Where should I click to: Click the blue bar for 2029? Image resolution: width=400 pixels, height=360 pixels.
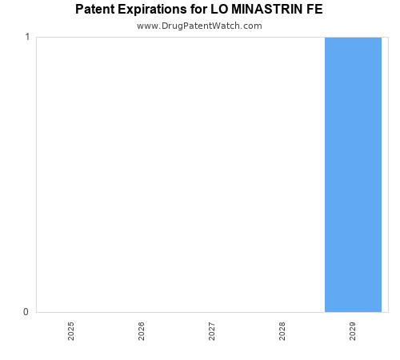coord(353,174)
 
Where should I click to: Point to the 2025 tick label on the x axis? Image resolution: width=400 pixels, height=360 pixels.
coord(71,331)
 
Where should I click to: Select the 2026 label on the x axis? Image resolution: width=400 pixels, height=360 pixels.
coord(142,331)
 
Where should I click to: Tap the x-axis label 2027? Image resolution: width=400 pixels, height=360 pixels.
coord(212,331)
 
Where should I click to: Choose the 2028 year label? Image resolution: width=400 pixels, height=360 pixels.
coord(282,331)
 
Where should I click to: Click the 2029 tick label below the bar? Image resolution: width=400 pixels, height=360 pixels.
coord(353,331)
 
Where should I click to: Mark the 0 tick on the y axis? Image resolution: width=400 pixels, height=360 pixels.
coord(26,312)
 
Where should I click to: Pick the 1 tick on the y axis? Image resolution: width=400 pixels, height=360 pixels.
coord(26,38)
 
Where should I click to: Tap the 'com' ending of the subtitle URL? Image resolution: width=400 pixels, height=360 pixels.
coord(252,26)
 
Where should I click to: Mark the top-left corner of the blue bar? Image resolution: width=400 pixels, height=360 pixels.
coord(325,38)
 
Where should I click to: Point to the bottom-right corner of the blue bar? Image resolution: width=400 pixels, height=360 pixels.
coord(382,312)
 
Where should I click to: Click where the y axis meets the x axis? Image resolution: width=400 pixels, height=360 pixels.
coord(36,312)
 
